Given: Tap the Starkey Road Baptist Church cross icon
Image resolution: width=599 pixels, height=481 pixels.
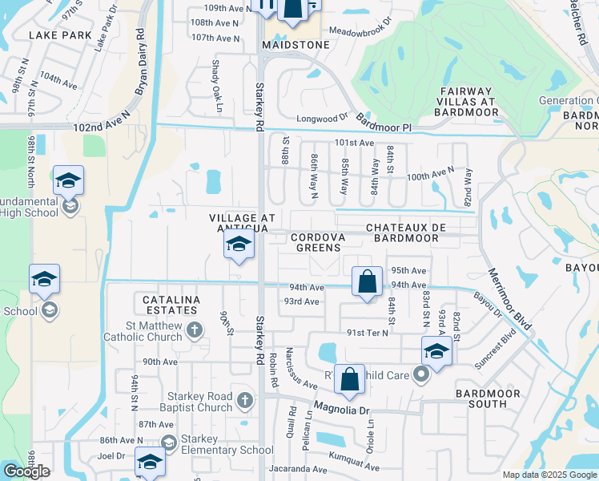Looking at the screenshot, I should pos(245,398).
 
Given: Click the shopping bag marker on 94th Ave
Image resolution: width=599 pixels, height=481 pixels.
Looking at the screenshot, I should pos(367,283).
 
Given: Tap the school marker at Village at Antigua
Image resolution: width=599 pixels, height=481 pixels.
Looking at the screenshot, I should pos(239,246).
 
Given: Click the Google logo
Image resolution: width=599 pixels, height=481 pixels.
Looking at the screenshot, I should pos(26,471).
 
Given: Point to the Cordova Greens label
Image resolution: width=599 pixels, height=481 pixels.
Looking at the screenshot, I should pos(318,242).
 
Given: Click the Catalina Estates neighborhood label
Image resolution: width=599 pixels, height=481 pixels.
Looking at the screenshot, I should pos(170,304).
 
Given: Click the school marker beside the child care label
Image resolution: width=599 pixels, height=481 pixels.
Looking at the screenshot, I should pos(436,351).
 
